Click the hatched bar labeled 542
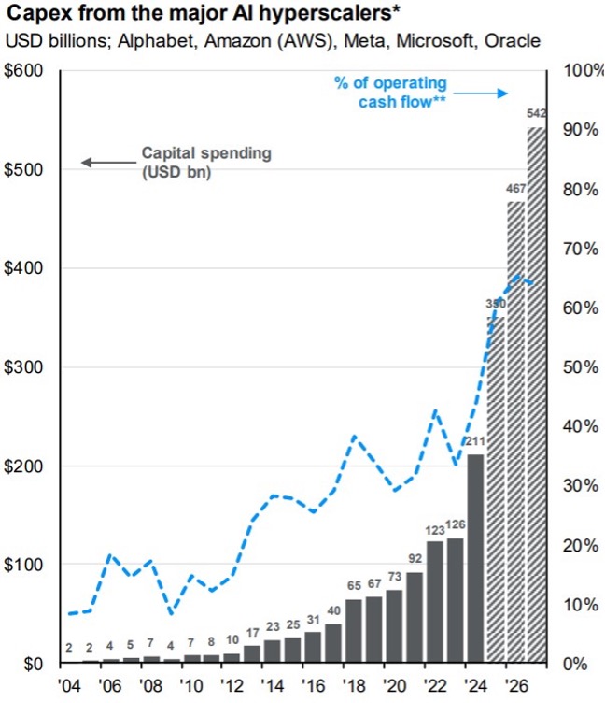[537, 393]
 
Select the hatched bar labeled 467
[516, 430]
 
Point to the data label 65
[353, 587]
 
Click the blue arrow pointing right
[485, 93]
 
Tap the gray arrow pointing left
[107, 163]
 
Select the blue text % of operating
[390, 82]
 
